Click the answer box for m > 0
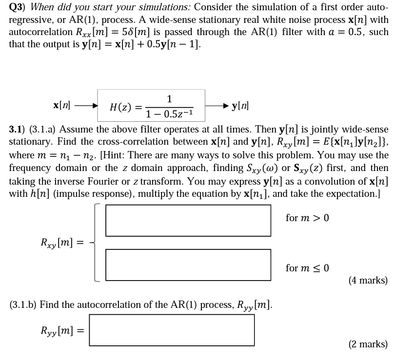[188, 220]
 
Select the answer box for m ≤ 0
[188, 265]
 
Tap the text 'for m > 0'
[308, 218]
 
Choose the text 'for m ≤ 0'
[308, 268]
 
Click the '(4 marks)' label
[368, 280]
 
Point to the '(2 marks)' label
[368, 344]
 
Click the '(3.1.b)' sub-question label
[23, 305]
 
